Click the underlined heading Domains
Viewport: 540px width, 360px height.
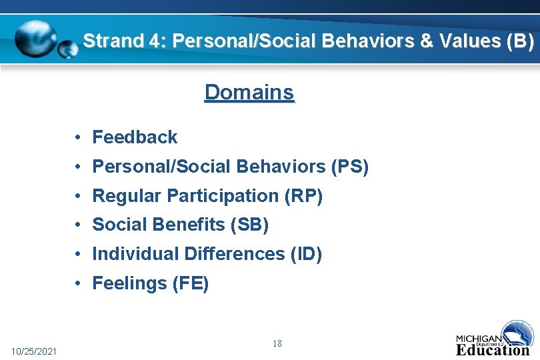click(249, 92)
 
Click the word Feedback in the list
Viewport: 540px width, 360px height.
click(135, 137)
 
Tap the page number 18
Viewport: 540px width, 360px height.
click(277, 343)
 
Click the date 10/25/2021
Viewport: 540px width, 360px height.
click(35, 351)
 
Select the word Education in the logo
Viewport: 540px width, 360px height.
click(493, 349)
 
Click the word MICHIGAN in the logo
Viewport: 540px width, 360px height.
click(479, 337)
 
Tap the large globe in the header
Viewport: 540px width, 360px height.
click(37, 39)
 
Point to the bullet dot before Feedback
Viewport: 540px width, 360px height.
click(78, 137)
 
